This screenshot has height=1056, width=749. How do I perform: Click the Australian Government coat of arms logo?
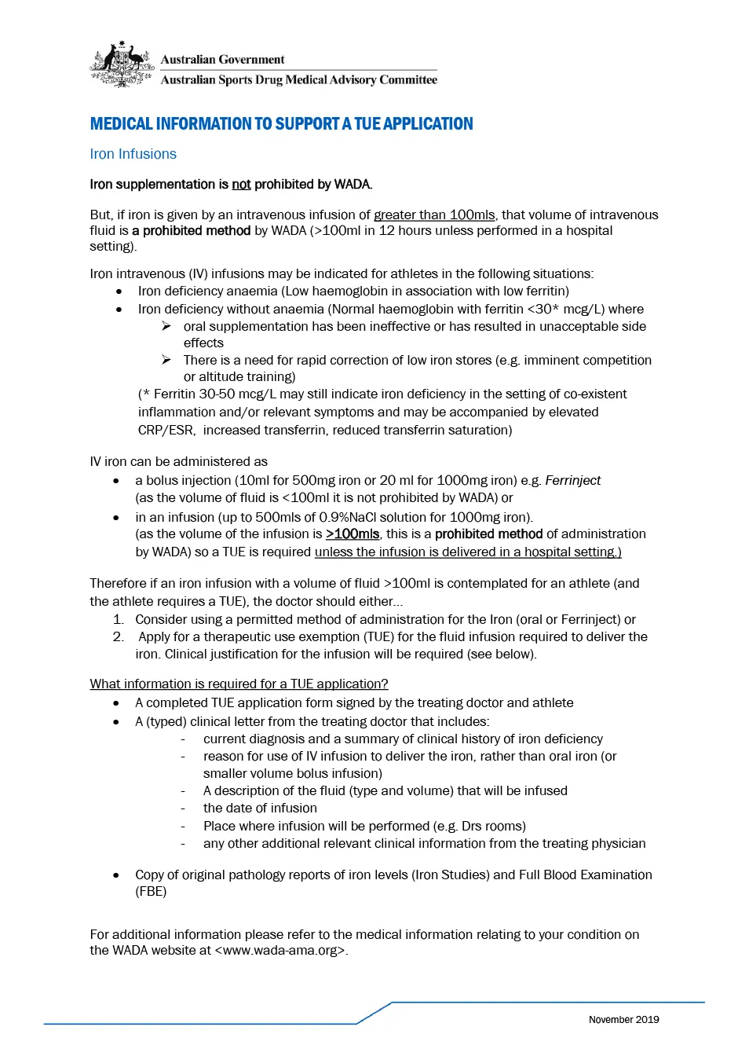[122, 64]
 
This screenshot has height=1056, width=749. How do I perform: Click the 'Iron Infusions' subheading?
[133, 154]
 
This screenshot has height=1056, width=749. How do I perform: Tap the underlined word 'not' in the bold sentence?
[241, 185]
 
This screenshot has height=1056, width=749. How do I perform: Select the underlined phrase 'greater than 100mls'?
[434, 215]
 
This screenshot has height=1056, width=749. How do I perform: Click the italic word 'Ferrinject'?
[572, 481]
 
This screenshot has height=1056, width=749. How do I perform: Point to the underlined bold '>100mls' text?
[353, 534]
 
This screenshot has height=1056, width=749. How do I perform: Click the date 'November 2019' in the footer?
[623, 1020]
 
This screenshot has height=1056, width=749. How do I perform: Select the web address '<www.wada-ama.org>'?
[281, 951]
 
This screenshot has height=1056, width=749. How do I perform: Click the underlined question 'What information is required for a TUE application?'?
[239, 684]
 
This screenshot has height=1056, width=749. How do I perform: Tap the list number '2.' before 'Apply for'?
[119, 637]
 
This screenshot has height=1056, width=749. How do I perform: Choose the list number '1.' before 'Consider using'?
[119, 620]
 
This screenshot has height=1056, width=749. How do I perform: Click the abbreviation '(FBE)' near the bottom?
[151, 892]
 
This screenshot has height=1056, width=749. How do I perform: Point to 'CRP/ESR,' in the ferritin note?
[166, 431]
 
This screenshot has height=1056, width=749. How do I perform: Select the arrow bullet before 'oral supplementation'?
[166, 326]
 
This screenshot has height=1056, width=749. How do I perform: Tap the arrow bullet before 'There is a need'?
[166, 360]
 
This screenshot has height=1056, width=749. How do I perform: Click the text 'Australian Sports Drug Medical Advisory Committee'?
[298, 80]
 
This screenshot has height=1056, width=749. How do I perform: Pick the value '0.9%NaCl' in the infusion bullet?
[347, 518]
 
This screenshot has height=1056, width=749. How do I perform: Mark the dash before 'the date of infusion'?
[183, 808]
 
